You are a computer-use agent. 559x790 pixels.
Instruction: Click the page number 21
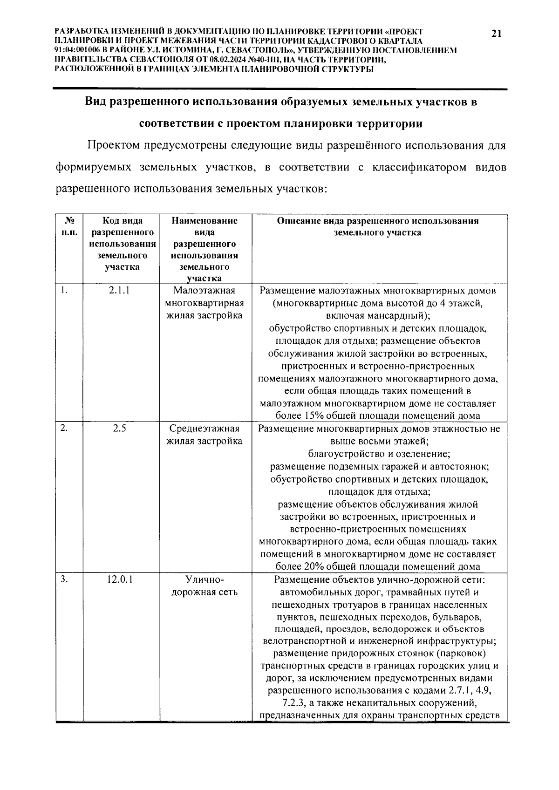[x=496, y=33]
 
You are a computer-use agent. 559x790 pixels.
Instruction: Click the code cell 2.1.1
[x=119, y=291]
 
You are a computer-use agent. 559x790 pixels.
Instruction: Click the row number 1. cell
[x=65, y=291]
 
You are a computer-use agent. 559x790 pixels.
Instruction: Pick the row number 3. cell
[x=65, y=580]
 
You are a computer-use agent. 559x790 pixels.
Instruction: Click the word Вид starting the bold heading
[x=96, y=102]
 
